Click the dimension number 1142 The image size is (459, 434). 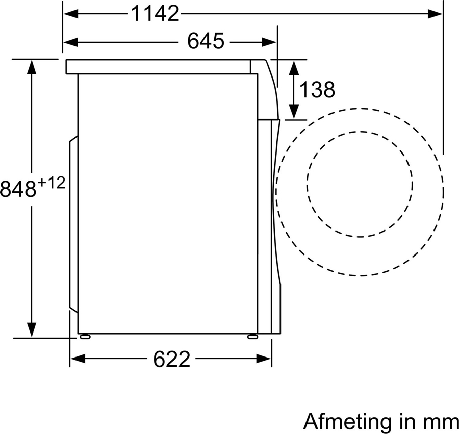[x=156, y=14]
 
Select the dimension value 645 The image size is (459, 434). [x=206, y=41]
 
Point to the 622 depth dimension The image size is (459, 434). [x=171, y=360]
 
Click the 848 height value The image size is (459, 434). [x=18, y=189]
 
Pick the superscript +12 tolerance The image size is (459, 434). [x=52, y=183]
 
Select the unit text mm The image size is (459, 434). [x=440, y=421]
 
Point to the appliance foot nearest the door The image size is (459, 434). [x=252, y=336]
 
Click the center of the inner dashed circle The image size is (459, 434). [x=360, y=184]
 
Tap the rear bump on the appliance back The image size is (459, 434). [x=73, y=224]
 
